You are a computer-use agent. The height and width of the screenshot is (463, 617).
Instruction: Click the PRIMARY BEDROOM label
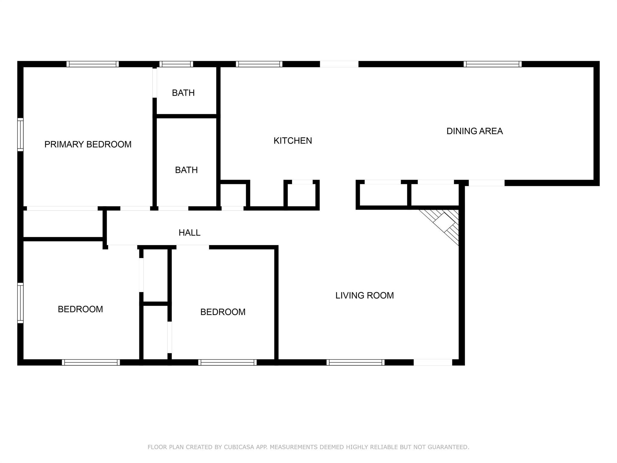(x=88, y=144)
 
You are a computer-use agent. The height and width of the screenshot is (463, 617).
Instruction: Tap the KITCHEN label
(x=293, y=140)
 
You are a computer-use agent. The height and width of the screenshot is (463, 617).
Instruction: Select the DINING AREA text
(x=474, y=131)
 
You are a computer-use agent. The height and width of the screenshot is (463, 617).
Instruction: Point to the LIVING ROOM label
(x=365, y=295)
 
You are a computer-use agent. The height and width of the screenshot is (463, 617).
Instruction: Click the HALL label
(x=189, y=233)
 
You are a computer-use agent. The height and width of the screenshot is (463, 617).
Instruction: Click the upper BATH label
(x=183, y=93)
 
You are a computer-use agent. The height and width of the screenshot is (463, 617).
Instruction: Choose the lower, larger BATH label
(x=186, y=170)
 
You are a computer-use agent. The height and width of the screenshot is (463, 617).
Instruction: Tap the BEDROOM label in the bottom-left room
(x=80, y=309)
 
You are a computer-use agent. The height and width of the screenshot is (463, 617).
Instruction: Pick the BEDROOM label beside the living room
(x=223, y=312)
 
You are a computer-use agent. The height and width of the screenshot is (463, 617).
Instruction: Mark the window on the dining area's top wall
(x=493, y=64)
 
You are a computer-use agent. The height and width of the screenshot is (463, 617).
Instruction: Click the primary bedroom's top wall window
(x=92, y=64)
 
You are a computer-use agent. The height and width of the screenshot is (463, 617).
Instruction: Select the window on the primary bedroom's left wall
(x=20, y=134)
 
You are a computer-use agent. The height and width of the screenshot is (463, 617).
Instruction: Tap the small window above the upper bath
(x=176, y=64)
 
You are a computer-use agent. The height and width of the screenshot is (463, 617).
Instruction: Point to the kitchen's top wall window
(x=259, y=64)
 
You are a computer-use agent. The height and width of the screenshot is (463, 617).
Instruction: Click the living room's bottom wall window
(x=355, y=362)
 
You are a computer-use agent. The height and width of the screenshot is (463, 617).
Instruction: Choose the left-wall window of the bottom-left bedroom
(x=20, y=303)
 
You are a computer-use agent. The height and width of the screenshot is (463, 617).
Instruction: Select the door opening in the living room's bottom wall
(x=433, y=362)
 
